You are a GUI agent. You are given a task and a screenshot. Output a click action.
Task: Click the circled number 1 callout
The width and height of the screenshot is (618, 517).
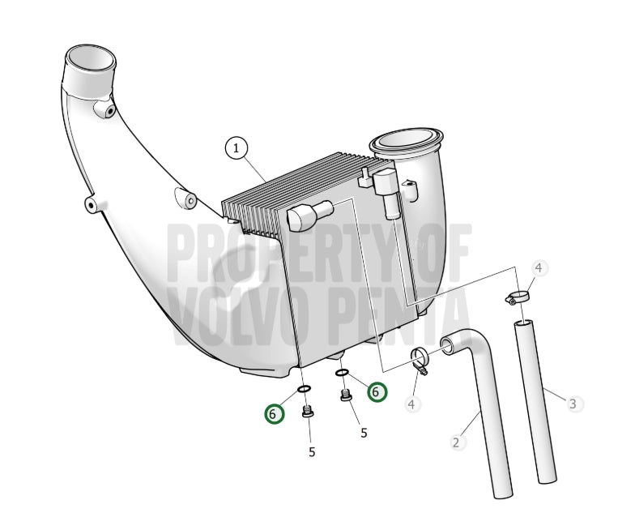236,148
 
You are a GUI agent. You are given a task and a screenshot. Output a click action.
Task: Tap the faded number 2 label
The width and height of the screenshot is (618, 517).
456,442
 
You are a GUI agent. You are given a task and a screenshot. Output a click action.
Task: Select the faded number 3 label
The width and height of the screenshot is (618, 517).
573,404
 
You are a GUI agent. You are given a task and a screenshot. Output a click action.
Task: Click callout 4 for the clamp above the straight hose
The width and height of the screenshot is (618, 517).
539,268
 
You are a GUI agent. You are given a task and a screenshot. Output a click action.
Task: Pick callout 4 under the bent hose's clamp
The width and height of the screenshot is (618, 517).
412,404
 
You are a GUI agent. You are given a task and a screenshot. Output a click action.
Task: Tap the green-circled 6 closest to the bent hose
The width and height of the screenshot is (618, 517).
377,392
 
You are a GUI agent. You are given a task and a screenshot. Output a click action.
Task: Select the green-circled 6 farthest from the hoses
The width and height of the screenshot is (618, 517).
274,414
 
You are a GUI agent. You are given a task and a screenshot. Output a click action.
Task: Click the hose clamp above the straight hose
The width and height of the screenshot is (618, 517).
517,297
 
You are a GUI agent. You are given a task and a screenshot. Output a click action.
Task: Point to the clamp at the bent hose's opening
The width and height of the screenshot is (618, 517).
420,360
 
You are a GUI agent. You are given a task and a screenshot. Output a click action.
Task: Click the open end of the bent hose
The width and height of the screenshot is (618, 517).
447,346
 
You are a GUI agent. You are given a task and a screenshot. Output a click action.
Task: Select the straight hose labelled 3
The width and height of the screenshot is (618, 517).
535,401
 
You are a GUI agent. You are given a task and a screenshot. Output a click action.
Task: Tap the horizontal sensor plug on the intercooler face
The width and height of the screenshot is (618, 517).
309,215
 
